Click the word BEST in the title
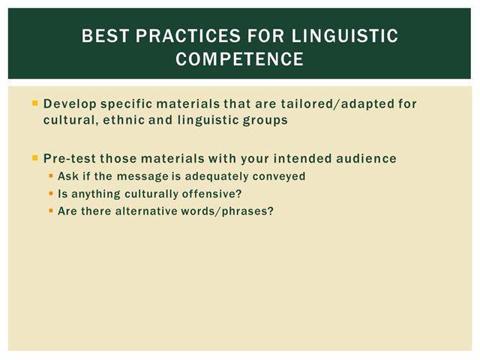pyautogui.click(x=105, y=35)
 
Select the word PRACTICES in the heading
pyautogui.click(x=188, y=35)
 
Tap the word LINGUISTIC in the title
pyautogui.click(x=345, y=35)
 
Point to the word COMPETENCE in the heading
pyautogui.click(x=240, y=58)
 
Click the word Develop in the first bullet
pyautogui.click(x=70, y=104)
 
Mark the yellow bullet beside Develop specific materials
pyautogui.click(x=35, y=103)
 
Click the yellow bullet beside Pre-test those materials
pyautogui.click(x=35, y=158)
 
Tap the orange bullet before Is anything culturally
pyautogui.click(x=51, y=193)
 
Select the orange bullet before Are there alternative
pyautogui.click(x=51, y=211)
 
